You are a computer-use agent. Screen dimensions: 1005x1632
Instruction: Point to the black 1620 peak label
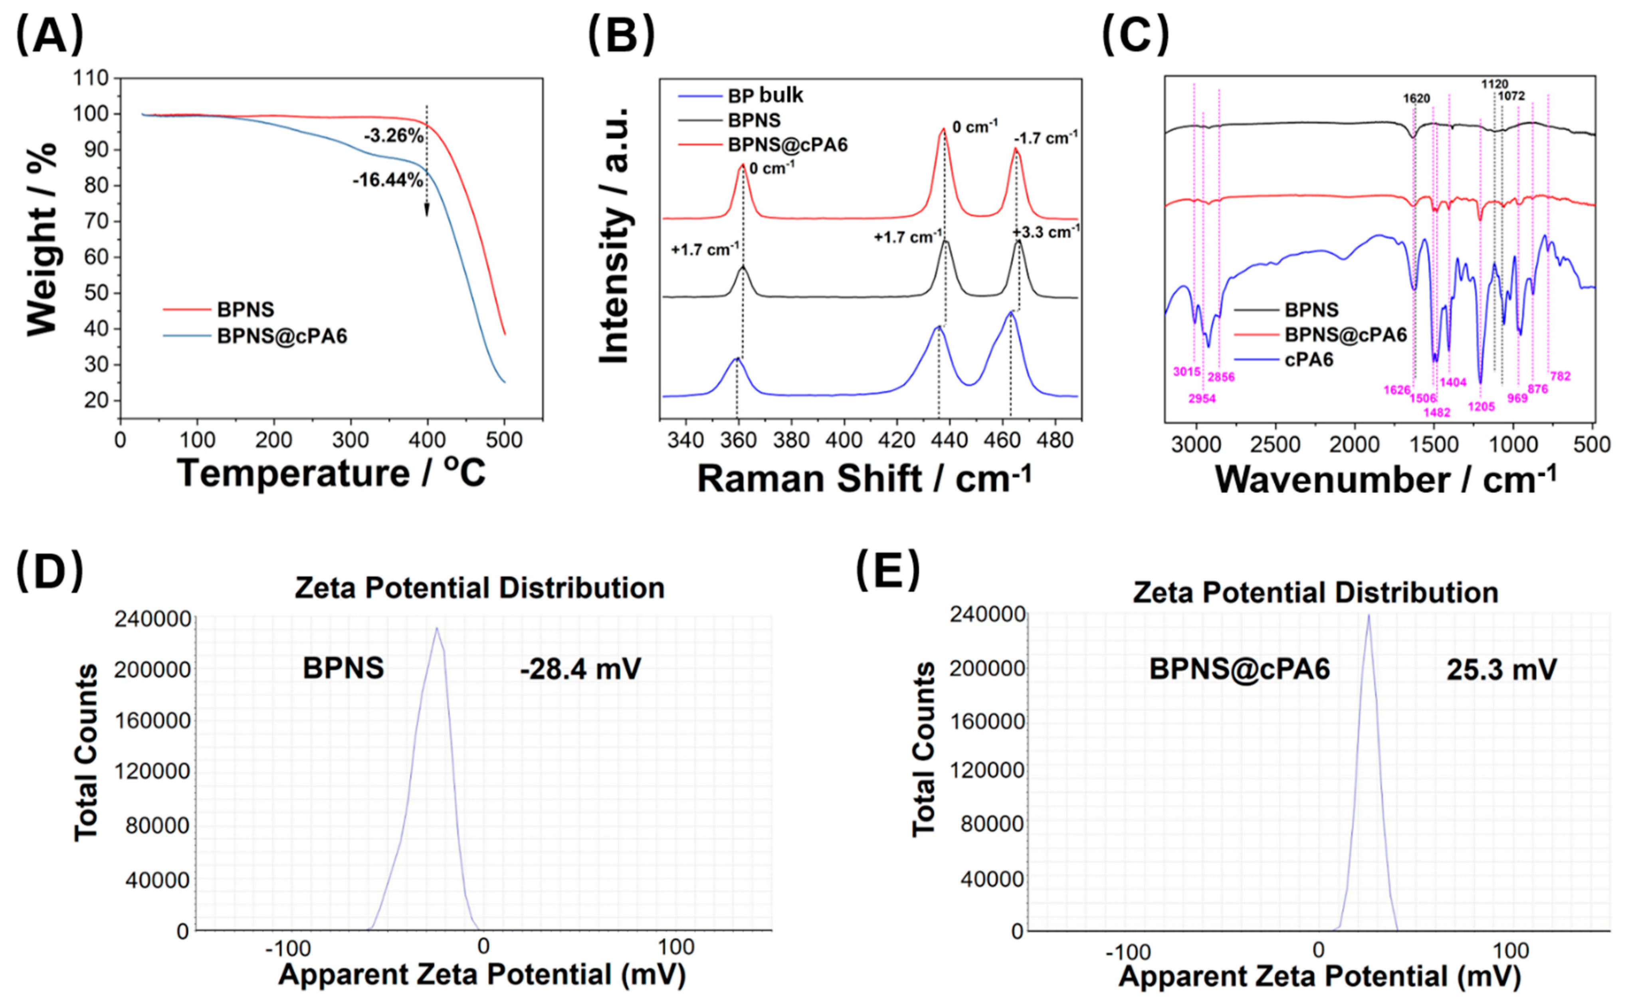tap(1416, 98)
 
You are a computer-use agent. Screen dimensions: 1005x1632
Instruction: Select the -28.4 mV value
tap(580, 669)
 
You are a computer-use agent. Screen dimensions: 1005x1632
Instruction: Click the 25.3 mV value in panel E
tap(1501, 669)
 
